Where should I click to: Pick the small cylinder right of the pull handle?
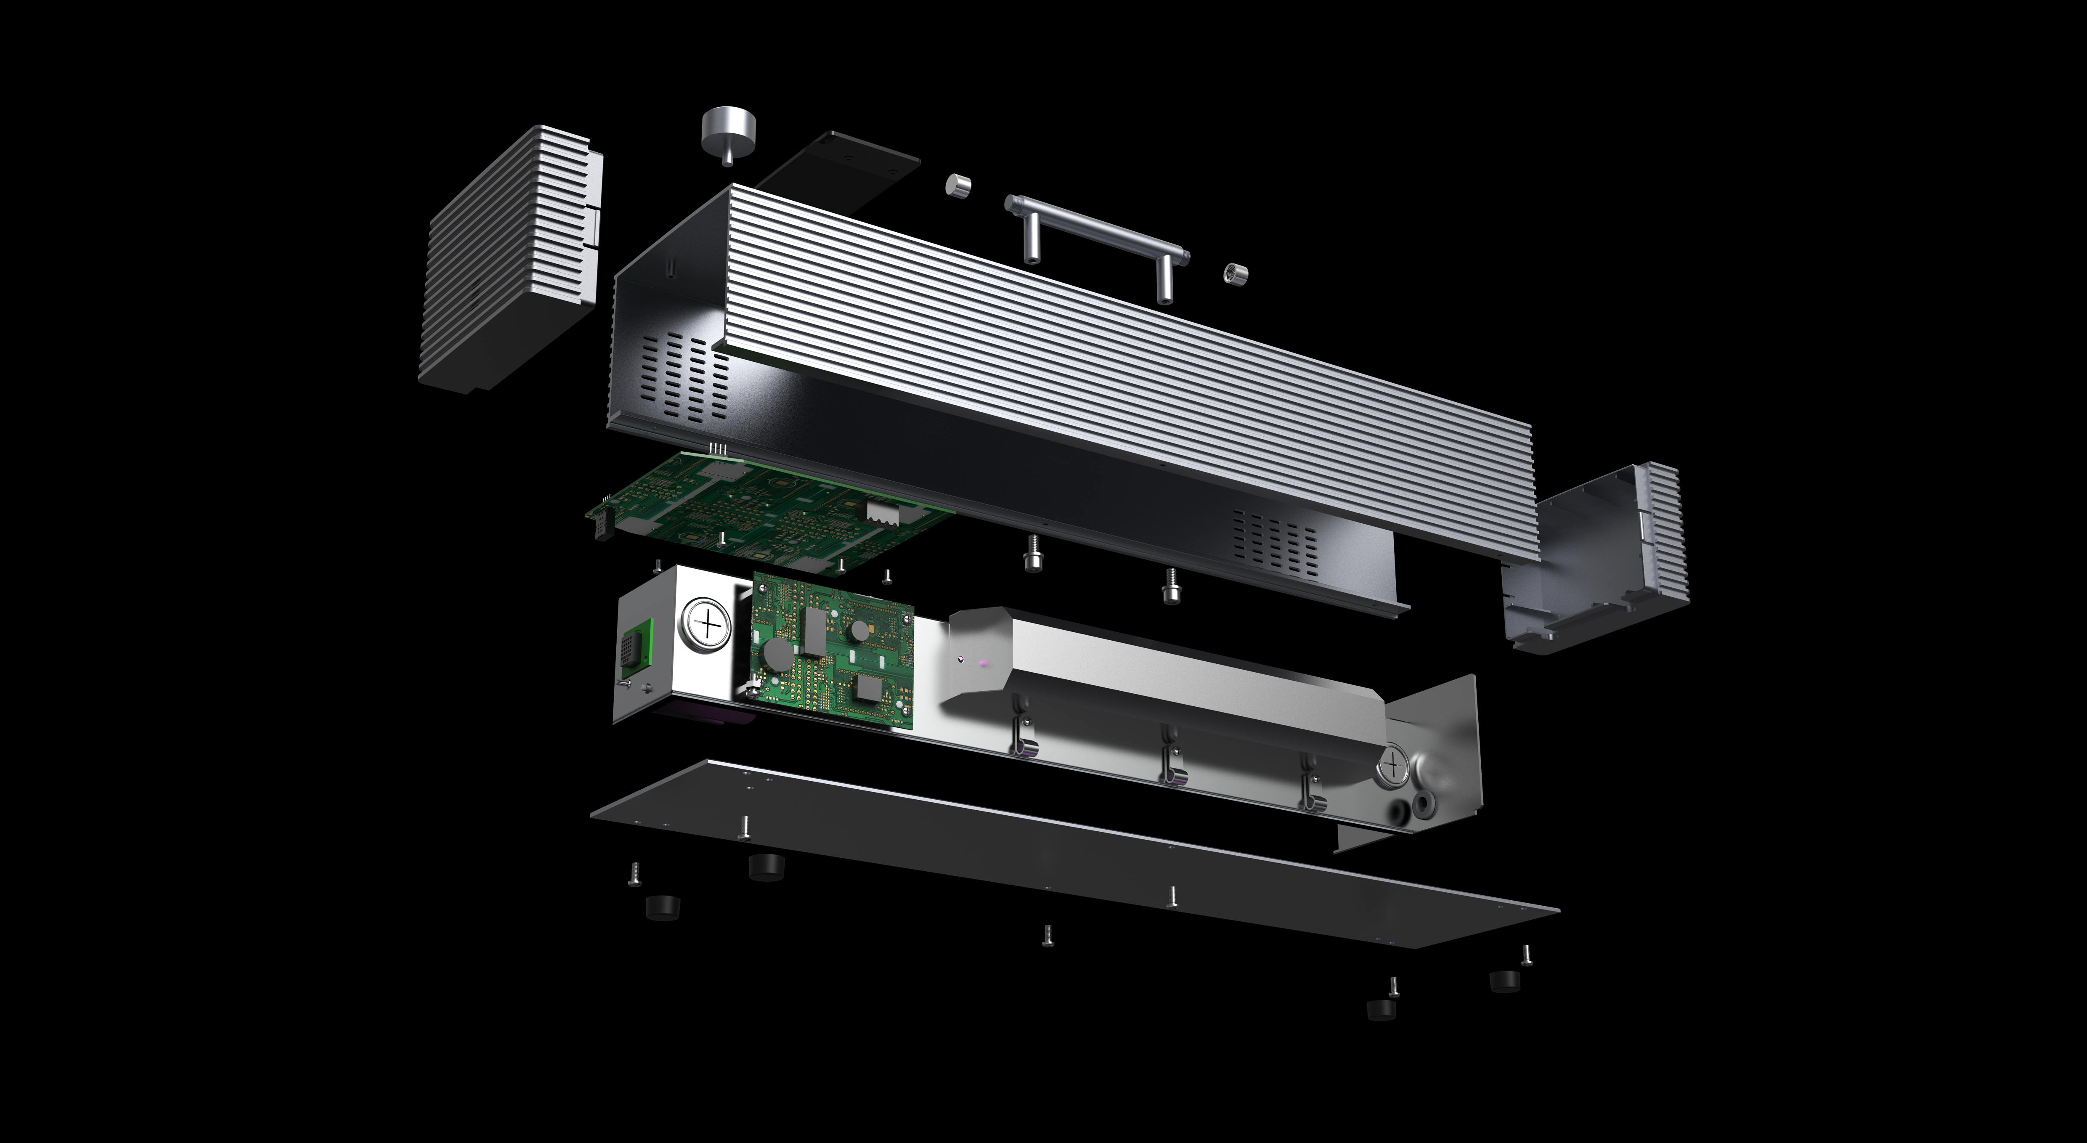point(1235,273)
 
